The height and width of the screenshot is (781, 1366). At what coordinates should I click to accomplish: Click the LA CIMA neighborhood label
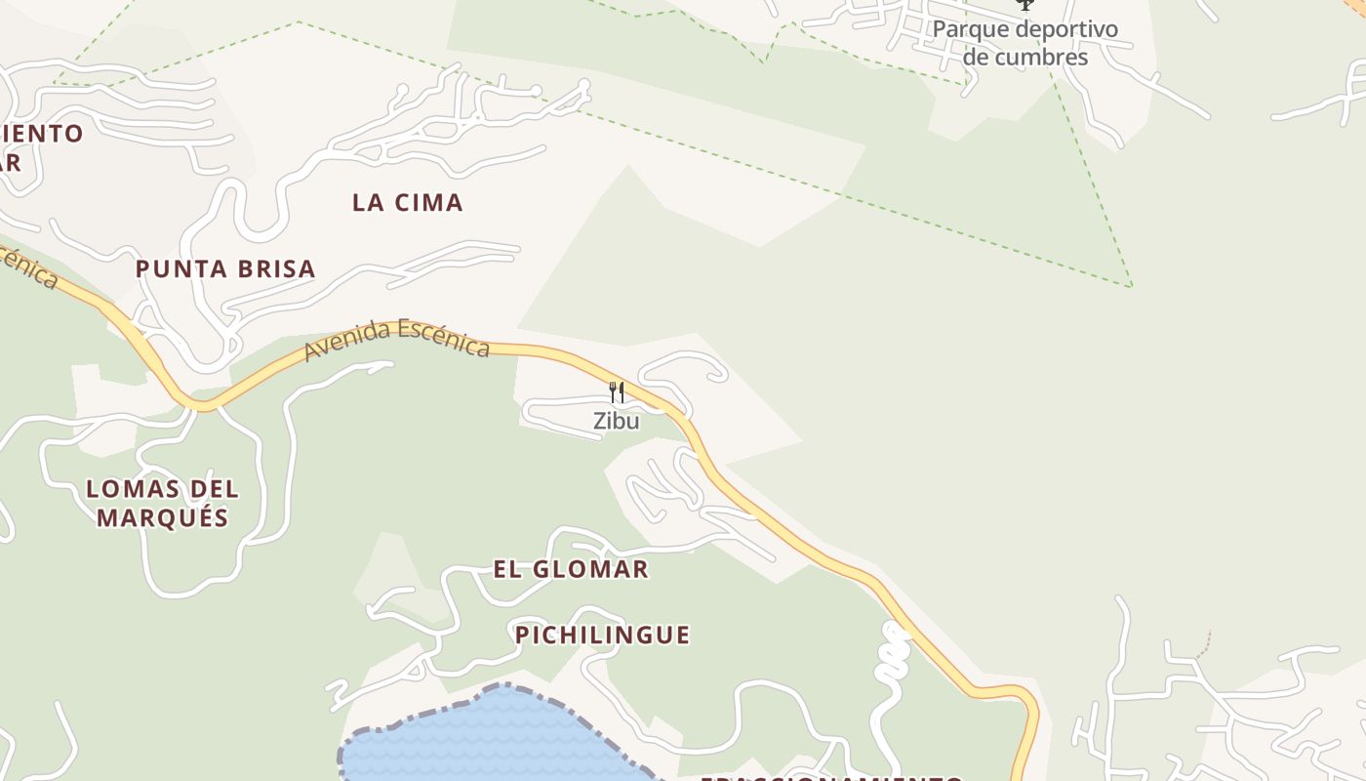(x=407, y=203)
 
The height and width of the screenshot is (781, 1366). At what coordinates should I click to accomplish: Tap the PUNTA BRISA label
(x=225, y=269)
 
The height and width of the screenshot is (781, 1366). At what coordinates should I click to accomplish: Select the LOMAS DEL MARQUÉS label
(x=162, y=503)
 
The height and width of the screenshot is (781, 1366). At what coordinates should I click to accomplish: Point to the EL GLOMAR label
(x=571, y=569)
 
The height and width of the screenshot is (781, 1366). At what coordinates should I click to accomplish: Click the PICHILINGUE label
(x=602, y=636)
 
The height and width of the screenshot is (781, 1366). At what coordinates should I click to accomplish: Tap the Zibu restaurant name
(x=617, y=421)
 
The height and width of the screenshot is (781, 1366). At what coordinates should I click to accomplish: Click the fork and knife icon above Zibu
(x=617, y=392)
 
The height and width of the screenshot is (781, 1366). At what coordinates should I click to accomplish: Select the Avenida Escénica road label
(x=396, y=339)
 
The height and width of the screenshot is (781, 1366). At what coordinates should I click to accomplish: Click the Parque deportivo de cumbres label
(x=1024, y=43)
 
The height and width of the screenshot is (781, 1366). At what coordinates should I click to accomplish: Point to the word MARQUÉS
(x=162, y=517)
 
